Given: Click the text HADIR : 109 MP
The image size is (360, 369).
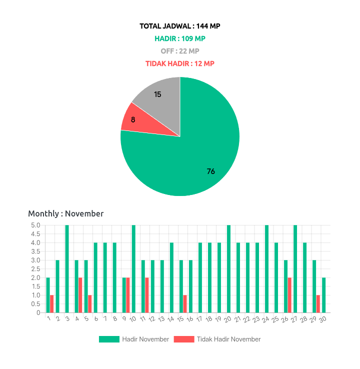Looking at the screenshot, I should pyautogui.click(x=180, y=38).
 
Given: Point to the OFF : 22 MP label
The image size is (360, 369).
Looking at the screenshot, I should pyautogui.click(x=180, y=51).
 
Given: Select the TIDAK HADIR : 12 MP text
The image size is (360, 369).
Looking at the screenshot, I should pyautogui.click(x=180, y=63).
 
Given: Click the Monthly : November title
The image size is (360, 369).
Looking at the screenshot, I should pyautogui.click(x=66, y=213).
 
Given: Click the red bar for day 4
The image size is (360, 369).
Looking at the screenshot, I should pyautogui.click(x=80, y=295).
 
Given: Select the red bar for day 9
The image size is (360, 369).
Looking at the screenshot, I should pyautogui.click(x=128, y=295).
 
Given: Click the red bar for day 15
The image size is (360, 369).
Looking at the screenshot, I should pyautogui.click(x=185, y=304).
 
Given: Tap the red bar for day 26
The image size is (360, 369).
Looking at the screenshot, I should pyautogui.click(x=289, y=295).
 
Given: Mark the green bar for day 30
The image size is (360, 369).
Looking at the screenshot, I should pyautogui.click(x=324, y=295).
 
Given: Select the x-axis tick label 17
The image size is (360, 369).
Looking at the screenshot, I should pyautogui.click(x=199, y=319).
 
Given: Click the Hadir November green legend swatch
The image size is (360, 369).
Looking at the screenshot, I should pyautogui.click(x=109, y=339).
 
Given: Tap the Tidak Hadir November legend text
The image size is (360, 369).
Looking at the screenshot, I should pyautogui.click(x=228, y=339).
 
